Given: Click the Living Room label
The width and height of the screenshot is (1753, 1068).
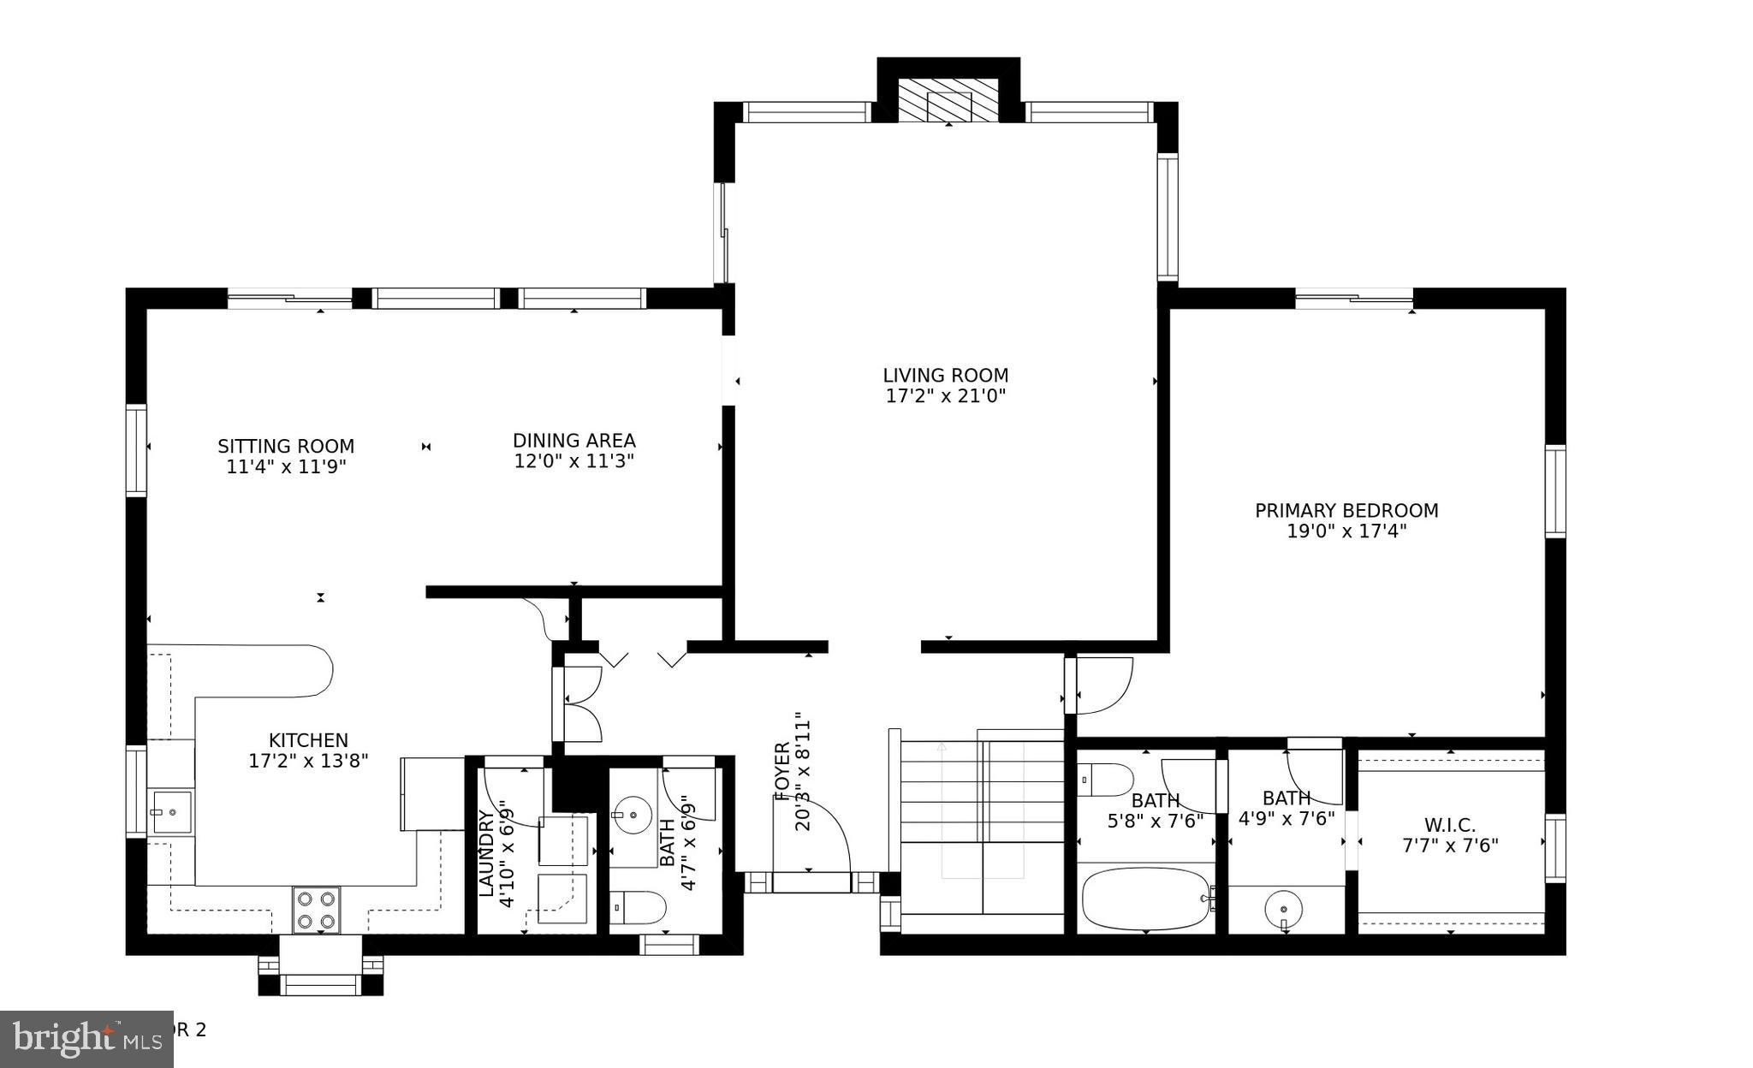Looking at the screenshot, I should pyautogui.click(x=945, y=376).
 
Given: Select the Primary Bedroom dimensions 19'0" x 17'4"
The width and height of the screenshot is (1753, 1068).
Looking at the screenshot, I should pyautogui.click(x=1346, y=531).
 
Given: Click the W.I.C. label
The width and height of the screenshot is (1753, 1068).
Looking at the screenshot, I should pyautogui.click(x=1449, y=826).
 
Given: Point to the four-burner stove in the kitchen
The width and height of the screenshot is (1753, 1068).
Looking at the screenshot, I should pyautogui.click(x=316, y=910).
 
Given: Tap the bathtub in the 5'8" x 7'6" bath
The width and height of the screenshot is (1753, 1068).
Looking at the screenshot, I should pyautogui.click(x=1144, y=899).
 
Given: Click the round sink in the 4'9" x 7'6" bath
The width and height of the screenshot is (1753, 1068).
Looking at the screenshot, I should pyautogui.click(x=1283, y=906).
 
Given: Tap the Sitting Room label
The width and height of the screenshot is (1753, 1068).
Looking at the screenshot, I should pyautogui.click(x=285, y=447).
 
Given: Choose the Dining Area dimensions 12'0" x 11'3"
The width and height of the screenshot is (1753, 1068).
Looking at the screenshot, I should pyautogui.click(x=573, y=461).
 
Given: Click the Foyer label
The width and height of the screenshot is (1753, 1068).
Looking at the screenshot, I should pyautogui.click(x=781, y=770).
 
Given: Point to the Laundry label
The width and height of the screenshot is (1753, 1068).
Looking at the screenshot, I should pyautogui.click(x=486, y=853).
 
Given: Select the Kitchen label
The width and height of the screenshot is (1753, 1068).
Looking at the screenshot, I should pyautogui.click(x=308, y=741).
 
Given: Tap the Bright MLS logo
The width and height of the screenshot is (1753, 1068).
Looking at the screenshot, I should pyautogui.click(x=86, y=1039).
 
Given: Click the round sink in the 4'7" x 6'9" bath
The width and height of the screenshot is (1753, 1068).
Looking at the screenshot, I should pyautogui.click(x=633, y=814).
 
